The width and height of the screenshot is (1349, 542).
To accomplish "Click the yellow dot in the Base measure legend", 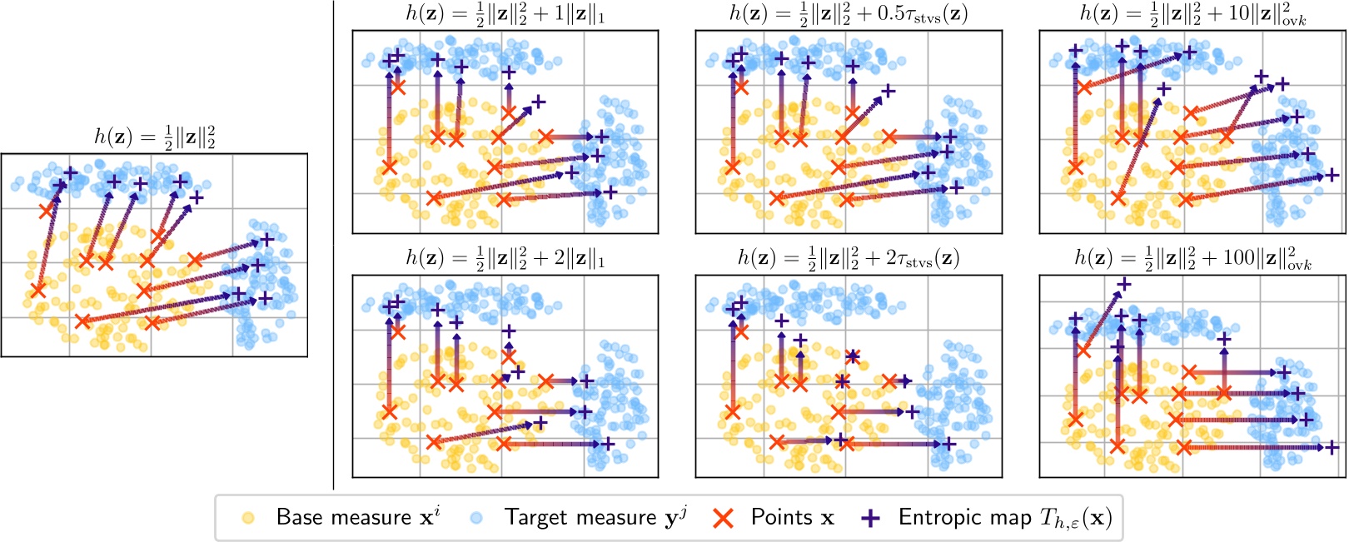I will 247,518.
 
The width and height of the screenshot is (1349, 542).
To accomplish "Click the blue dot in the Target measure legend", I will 476,518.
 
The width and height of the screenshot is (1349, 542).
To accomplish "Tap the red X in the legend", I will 724,518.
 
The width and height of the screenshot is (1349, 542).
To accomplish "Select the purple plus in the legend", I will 870,518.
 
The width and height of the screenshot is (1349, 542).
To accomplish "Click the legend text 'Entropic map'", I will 964,518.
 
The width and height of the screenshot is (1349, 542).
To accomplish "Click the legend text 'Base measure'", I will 343,518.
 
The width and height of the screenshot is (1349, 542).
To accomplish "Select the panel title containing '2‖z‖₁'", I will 505,259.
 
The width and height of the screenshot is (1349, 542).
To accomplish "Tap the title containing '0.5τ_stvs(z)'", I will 849,15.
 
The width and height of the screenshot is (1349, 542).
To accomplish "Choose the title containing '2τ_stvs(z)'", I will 849,259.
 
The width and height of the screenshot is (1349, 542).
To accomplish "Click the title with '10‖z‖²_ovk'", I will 1192,15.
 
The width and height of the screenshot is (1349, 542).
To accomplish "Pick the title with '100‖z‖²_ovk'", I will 1192,259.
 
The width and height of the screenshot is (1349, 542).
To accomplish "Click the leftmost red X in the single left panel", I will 37,290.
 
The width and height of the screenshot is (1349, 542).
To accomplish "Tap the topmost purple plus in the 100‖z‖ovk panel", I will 1123,285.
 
